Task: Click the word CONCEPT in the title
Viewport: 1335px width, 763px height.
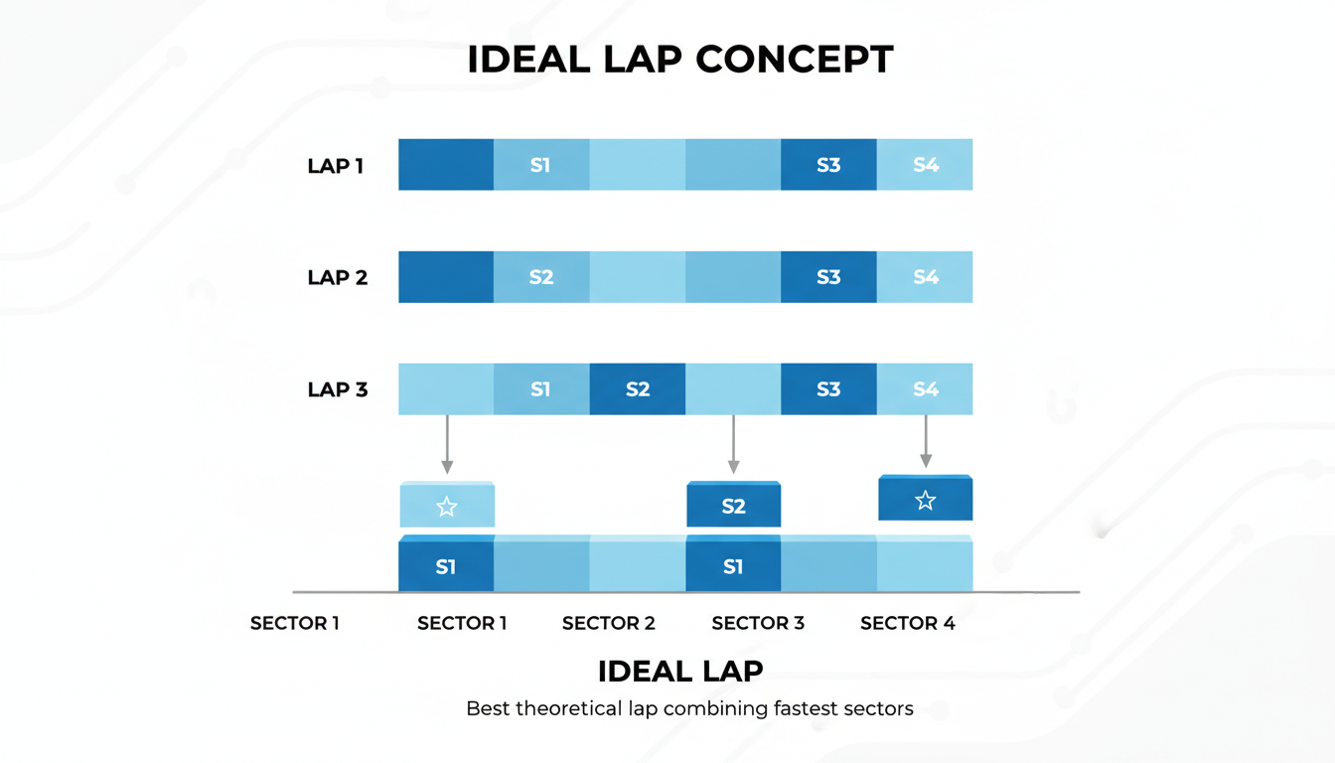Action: click(794, 60)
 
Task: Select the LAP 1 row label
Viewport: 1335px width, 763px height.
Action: click(336, 166)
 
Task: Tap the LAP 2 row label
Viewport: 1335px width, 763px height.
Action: click(338, 277)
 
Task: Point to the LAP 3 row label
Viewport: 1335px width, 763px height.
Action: click(338, 389)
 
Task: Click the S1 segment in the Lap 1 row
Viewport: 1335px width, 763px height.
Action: click(540, 165)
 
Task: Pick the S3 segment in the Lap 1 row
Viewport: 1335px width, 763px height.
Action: click(828, 165)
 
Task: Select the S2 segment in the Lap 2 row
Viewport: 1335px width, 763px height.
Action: click(541, 277)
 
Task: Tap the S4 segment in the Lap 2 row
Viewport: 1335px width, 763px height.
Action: click(926, 277)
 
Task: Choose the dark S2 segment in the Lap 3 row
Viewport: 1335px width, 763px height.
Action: click(638, 389)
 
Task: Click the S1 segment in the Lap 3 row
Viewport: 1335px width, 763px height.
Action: click(540, 389)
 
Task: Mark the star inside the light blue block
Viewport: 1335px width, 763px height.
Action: click(447, 508)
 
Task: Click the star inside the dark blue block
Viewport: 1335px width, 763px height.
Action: click(926, 501)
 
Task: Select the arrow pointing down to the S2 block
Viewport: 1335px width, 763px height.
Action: click(733, 443)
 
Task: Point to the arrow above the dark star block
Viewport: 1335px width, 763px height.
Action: click(926, 440)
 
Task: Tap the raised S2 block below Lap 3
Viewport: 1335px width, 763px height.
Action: click(733, 507)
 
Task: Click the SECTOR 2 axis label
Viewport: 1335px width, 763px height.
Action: click(609, 624)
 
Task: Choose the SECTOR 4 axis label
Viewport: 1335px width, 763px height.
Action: click(908, 624)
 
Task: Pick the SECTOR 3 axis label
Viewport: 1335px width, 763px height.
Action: click(758, 624)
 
